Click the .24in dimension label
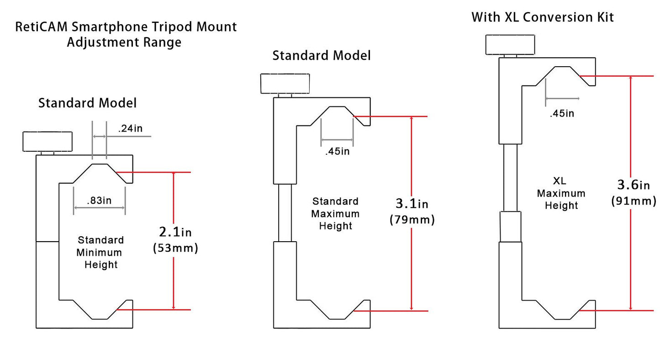130,128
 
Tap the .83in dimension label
99,201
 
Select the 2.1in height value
175,232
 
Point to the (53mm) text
175,248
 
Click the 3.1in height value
412,203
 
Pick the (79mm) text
412,219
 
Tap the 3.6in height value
634,185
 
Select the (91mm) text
634,201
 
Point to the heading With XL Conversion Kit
543,17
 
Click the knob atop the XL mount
510,45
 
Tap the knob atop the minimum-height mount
48,142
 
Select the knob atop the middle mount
285,84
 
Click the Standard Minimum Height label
100,252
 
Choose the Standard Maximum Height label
335,214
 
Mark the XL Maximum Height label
561,193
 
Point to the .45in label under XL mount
562,113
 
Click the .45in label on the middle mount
338,151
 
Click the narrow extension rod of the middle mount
285,213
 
